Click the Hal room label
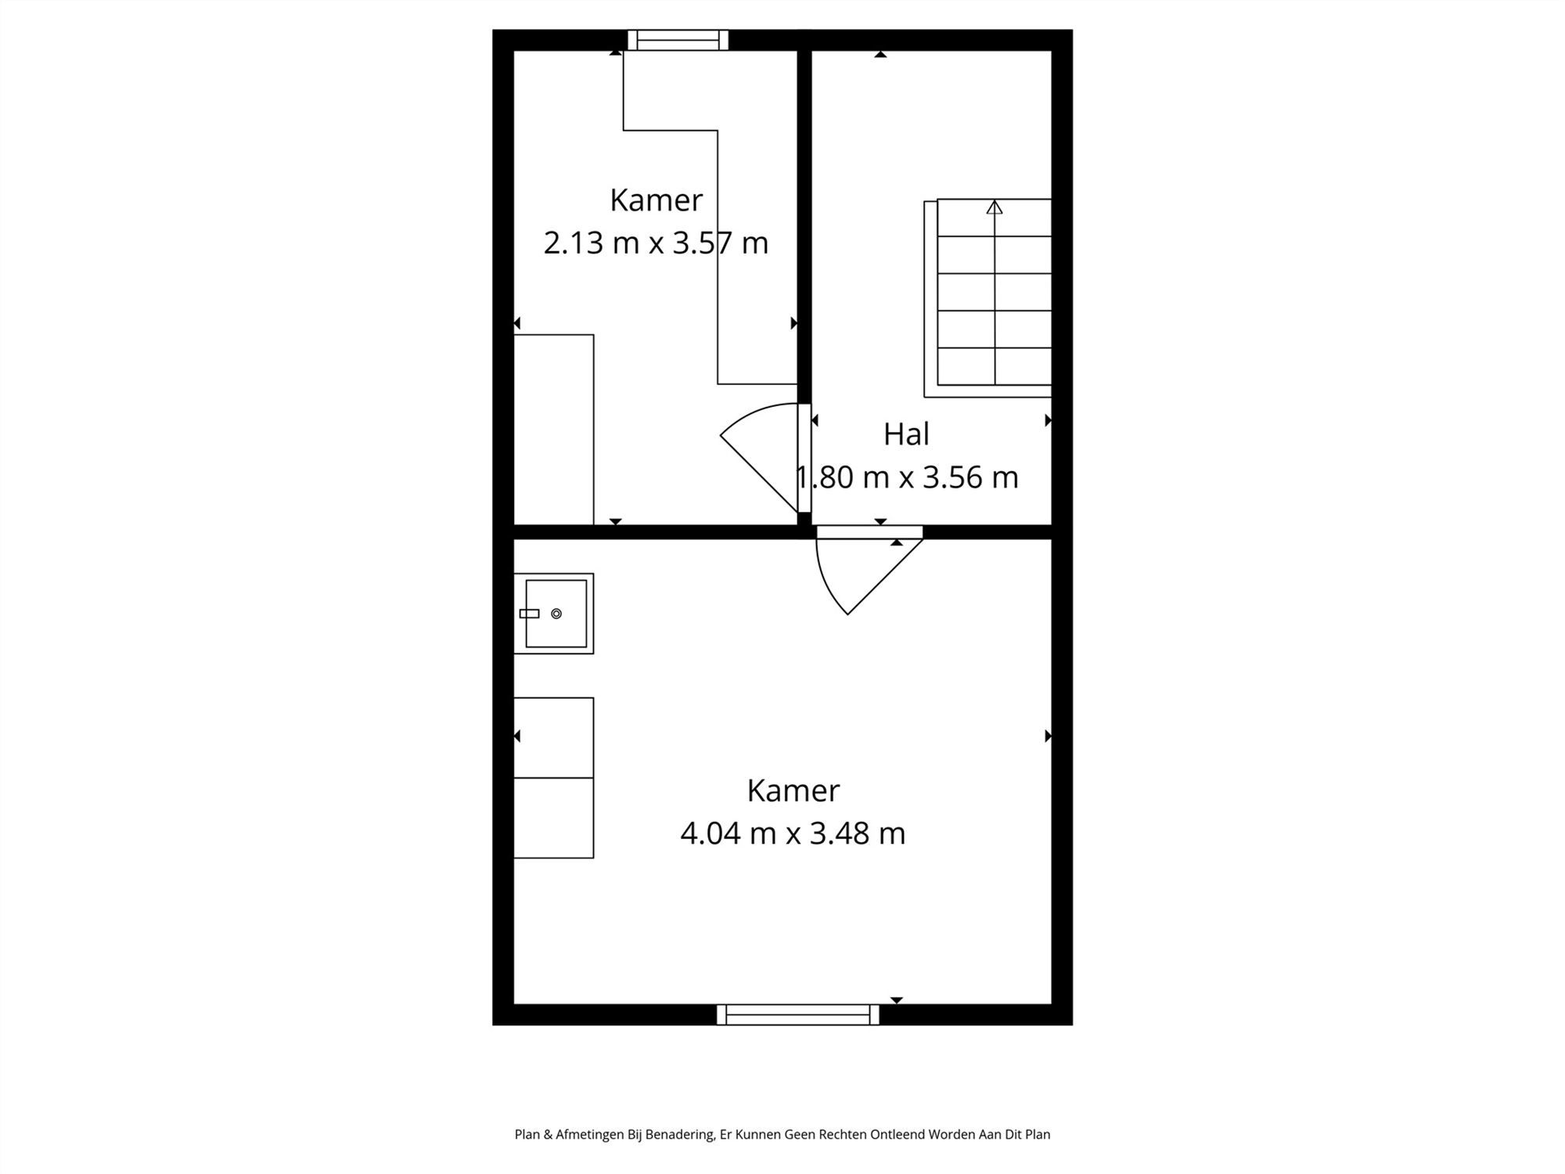(x=906, y=434)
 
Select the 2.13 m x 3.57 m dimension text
(x=656, y=243)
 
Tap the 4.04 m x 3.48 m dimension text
(x=793, y=833)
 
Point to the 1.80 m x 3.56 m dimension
(x=907, y=477)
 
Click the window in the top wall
(x=678, y=40)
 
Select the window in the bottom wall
(x=797, y=1014)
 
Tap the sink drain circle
(x=556, y=614)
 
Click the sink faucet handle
(x=530, y=614)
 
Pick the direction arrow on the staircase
(x=995, y=207)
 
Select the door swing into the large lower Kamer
(x=861, y=571)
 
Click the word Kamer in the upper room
(x=656, y=200)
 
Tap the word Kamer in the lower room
(x=793, y=790)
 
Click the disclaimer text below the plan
(x=782, y=1134)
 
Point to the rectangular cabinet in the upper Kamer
(x=553, y=429)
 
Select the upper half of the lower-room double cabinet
(x=553, y=737)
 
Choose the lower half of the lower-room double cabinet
(x=553, y=818)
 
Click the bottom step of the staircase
(x=995, y=366)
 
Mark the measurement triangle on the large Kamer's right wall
(x=1048, y=736)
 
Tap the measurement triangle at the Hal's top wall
(x=880, y=54)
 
